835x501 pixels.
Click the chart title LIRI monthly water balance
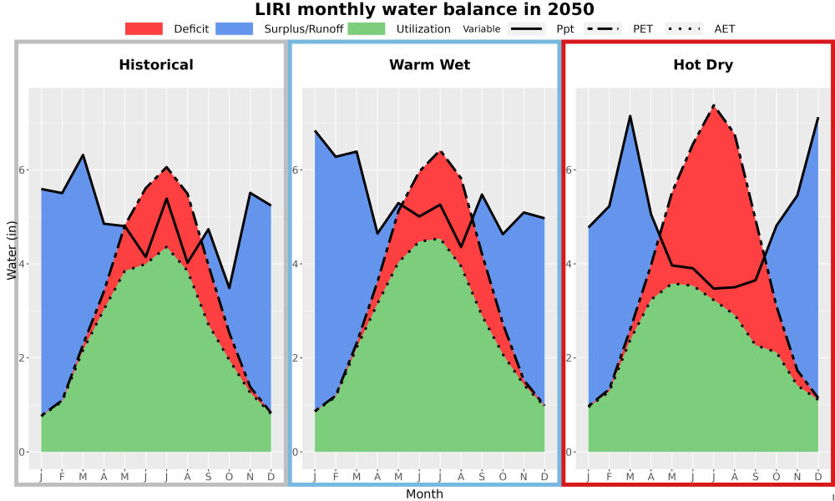[424, 9]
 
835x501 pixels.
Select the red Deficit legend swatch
[144, 28]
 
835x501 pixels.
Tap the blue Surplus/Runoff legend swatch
[235, 28]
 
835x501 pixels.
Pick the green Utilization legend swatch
[367, 28]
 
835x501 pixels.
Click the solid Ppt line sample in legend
[526, 28]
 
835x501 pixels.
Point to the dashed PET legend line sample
[602, 28]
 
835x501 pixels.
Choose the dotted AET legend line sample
[684, 28]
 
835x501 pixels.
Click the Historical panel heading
[156, 65]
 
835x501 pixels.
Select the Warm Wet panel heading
[430, 65]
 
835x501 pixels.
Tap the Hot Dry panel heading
[703, 65]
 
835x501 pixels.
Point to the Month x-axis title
[424, 494]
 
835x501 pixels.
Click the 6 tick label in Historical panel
[22, 170]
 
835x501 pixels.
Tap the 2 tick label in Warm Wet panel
[296, 357]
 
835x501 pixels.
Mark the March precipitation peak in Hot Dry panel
[630, 115]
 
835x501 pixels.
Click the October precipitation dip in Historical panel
[229, 288]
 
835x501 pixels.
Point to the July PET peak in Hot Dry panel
[714, 105]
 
